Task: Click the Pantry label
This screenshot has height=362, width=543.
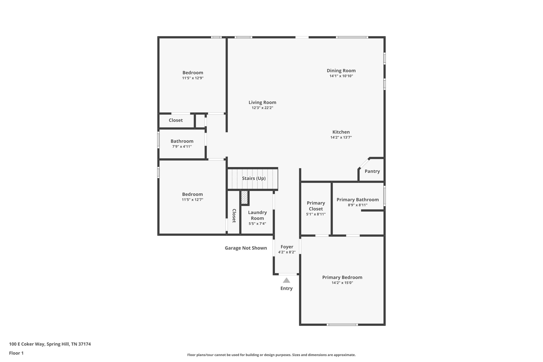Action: (x=372, y=171)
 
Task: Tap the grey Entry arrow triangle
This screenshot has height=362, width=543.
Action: (x=286, y=280)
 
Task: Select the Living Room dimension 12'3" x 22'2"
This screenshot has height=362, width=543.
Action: (x=262, y=108)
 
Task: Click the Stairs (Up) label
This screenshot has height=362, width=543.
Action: (x=254, y=178)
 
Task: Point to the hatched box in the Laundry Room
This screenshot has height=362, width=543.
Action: (x=244, y=197)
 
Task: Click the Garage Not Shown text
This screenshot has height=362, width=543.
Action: (x=246, y=248)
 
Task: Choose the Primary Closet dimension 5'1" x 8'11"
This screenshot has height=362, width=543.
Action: (x=316, y=214)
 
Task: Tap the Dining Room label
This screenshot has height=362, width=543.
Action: (x=341, y=71)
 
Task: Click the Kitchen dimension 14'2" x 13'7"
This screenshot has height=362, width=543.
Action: (x=341, y=137)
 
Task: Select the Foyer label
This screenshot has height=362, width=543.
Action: (x=287, y=247)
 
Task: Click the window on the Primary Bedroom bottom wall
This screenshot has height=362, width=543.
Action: (x=342, y=324)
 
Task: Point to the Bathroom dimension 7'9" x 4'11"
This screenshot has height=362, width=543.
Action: (x=182, y=146)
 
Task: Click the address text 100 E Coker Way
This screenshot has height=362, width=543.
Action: (x=50, y=344)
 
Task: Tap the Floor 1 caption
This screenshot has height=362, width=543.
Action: (x=16, y=353)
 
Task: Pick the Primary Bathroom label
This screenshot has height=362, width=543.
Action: (x=357, y=200)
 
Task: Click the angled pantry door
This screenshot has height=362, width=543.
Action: (x=364, y=163)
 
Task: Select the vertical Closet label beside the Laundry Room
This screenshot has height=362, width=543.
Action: (x=234, y=216)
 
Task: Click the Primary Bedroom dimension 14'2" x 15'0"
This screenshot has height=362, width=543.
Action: (x=342, y=283)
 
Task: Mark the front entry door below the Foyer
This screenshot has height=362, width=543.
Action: (x=287, y=274)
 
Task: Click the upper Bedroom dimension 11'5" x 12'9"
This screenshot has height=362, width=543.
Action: (x=193, y=78)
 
